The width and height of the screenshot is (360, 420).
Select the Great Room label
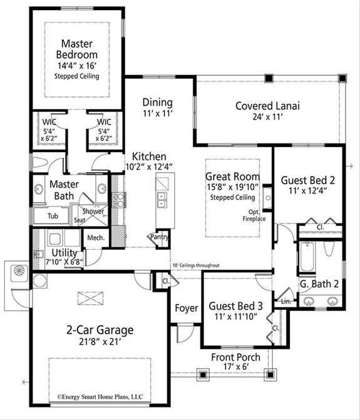coord(233,177)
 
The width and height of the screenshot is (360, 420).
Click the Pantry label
coord(157,237)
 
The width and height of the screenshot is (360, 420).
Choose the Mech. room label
coord(95,238)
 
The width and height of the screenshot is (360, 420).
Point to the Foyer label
coord(186,308)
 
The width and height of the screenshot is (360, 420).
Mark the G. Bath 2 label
coord(319,284)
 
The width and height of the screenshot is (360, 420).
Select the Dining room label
coord(157,102)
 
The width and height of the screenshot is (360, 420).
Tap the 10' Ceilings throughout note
coord(196,265)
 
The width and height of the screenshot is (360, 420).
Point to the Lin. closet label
coord(286,301)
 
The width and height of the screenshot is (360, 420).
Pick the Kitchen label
coord(148,156)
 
